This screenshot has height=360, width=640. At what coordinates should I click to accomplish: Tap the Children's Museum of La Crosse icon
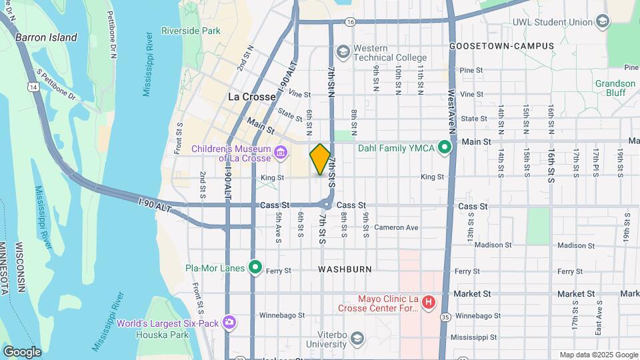tap(281, 154)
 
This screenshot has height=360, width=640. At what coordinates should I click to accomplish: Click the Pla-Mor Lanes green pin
tap(255, 267)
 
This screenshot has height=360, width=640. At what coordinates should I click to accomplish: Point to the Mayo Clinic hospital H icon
tap(429, 303)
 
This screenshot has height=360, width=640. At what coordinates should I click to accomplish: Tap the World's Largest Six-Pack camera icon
tap(229, 323)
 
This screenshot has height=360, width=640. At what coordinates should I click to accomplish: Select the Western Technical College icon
tap(343, 52)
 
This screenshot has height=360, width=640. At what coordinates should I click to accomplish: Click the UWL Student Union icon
tap(603, 22)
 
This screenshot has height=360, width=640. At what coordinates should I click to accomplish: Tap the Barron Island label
tap(46, 37)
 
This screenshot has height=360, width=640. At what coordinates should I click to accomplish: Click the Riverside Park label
tap(191, 31)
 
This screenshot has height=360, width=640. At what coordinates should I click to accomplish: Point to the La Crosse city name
tap(252, 97)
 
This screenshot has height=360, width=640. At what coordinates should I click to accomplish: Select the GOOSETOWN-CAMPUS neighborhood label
tap(501, 46)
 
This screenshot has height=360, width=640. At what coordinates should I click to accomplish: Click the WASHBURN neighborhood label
tap(345, 269)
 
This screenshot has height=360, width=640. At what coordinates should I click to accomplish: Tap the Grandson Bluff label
tap(615, 88)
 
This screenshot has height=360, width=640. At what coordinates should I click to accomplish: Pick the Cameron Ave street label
tap(396, 227)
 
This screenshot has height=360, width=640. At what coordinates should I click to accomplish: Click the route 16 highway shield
tap(350, 22)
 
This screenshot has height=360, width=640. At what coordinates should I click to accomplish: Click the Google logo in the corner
tap(22, 351)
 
